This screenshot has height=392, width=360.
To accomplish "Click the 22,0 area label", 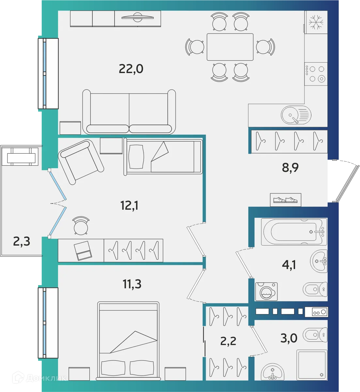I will point(131,69).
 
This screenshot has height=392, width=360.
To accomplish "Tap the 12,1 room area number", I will point(129,205).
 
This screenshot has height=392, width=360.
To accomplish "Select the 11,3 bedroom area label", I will point(132,284).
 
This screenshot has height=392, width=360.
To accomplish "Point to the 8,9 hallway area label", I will point(290,168).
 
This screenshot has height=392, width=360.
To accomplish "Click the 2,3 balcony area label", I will point(22,242).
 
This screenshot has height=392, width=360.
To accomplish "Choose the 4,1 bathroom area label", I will point(289,264).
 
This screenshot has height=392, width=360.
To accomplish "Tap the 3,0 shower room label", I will point(289,338).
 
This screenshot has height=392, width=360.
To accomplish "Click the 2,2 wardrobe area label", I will point(228,341).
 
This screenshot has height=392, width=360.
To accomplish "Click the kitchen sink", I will point(296,115).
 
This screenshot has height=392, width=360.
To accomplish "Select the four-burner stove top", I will point(316,74).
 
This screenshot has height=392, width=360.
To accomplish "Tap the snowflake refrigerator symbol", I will point(316,22).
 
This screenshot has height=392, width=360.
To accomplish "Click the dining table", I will point(230,47).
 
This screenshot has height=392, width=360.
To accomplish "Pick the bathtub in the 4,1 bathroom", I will point(294,232).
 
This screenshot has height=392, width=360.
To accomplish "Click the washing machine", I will point(266,291).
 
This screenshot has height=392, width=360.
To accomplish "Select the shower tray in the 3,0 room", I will point(312,365).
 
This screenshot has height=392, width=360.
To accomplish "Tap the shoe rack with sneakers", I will point(286,200).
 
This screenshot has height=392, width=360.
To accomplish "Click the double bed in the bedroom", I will point(128,341).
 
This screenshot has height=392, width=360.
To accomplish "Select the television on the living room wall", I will point(137,18).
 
